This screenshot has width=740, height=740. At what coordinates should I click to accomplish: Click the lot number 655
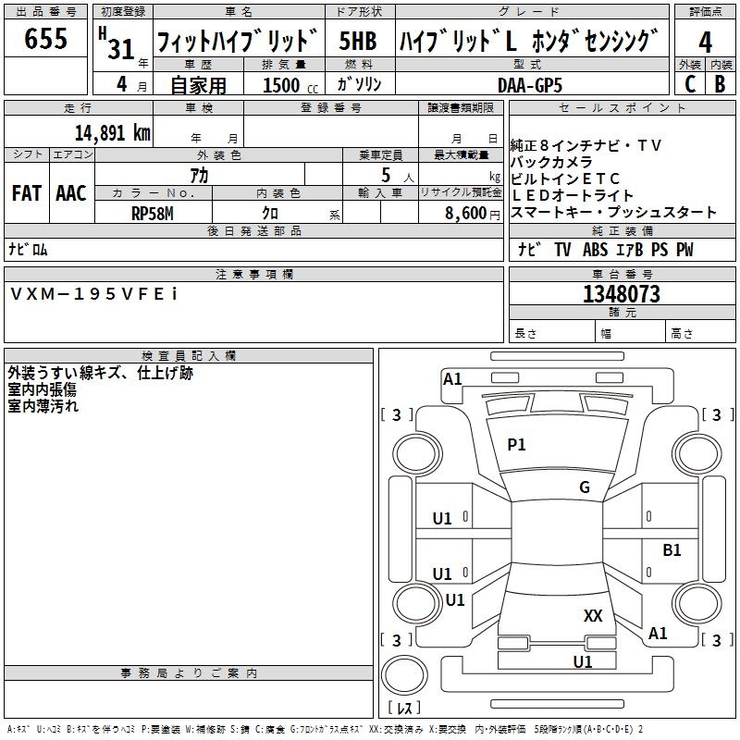point(46,40)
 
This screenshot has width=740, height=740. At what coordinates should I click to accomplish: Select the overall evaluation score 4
point(706,42)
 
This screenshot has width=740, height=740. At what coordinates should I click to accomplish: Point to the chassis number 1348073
point(621,294)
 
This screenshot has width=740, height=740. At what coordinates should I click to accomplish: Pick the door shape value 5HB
point(357,42)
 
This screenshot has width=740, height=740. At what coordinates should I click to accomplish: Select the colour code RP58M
point(154,213)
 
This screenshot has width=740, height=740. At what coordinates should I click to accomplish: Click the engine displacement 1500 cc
point(288,85)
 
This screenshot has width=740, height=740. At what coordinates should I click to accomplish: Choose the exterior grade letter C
point(689,84)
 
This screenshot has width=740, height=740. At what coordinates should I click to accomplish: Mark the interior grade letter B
point(721,84)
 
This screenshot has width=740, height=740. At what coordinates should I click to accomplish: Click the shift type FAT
point(26,193)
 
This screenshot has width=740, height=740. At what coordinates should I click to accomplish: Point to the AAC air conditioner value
point(70,193)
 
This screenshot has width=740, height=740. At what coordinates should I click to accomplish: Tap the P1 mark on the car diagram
point(516,445)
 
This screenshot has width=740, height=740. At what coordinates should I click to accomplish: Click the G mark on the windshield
point(585,487)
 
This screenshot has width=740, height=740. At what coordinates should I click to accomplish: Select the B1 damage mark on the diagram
point(672,549)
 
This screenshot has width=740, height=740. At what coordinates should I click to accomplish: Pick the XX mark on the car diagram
point(593,615)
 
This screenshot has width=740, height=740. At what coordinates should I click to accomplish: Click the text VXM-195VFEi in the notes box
point(95,293)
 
